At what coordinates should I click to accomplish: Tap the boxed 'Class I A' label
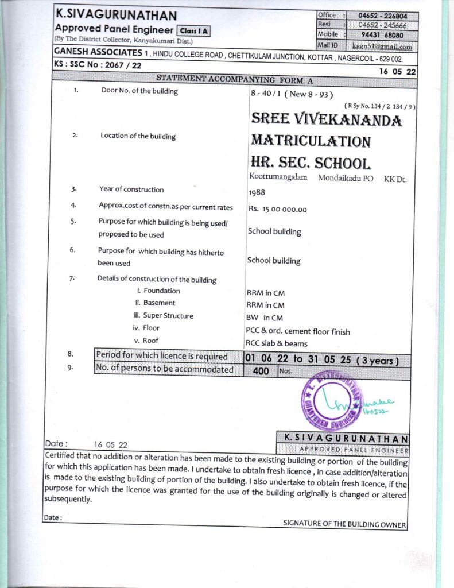[193, 31]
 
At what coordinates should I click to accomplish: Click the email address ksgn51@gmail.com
[390, 47]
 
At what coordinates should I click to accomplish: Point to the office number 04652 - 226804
[382, 16]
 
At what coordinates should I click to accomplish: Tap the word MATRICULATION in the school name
[311, 141]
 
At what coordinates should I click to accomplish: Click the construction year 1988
[257, 193]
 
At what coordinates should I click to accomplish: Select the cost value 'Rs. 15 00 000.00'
[278, 210]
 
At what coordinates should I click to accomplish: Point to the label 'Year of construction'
[131, 189]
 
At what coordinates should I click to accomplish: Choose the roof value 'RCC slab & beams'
[276, 343]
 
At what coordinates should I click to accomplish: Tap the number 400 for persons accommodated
[260, 371]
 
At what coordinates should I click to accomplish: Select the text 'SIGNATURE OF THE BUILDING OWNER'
[344, 524]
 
